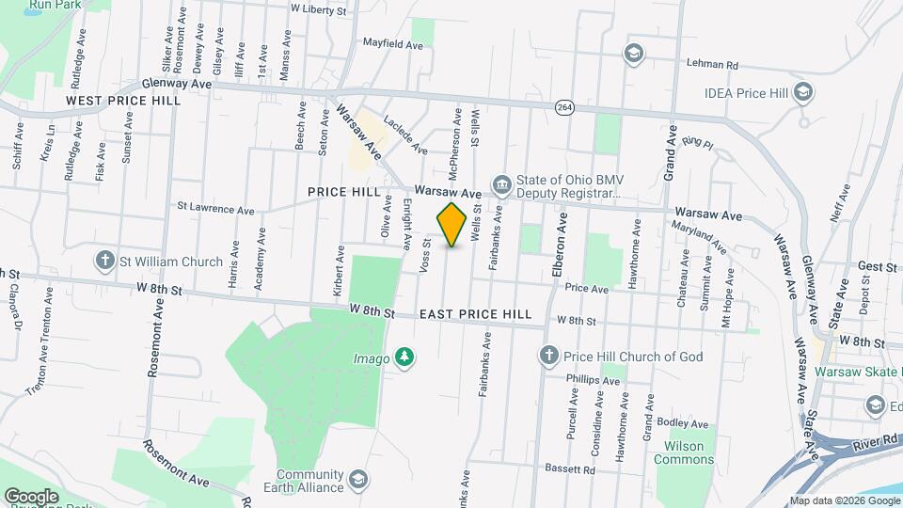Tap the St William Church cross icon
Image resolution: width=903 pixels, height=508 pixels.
[104, 259]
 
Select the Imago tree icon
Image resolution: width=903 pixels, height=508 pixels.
[404, 357]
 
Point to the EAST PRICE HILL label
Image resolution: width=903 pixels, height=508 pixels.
[475, 314]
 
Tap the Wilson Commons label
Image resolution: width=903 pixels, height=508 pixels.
[689, 452]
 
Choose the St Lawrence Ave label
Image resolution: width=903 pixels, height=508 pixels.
[215, 208]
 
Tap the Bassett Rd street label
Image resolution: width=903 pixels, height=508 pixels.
[570, 468]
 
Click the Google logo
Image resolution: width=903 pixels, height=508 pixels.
[31, 496]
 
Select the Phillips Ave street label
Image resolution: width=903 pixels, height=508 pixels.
[593, 380]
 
